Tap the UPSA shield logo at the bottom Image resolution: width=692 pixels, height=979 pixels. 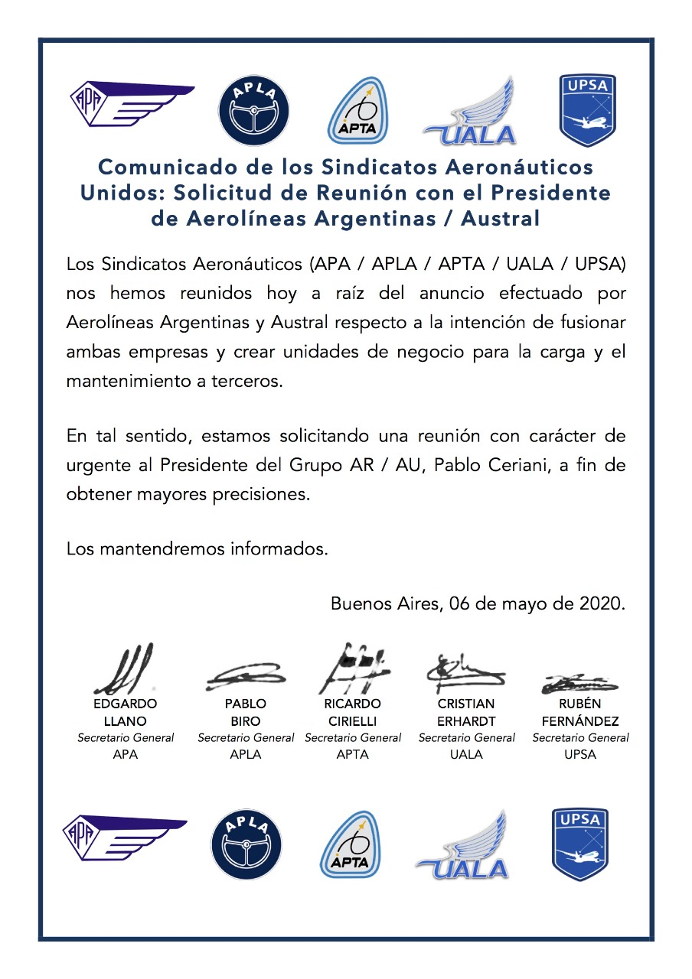click(x=579, y=844)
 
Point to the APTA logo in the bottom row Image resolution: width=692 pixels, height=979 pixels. click(x=349, y=844)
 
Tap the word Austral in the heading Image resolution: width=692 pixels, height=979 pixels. click(x=501, y=219)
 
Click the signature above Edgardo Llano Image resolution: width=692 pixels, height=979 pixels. click(x=124, y=669)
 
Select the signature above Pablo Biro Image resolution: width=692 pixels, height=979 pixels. click(x=245, y=675)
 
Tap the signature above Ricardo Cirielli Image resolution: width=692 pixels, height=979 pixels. click(x=353, y=667)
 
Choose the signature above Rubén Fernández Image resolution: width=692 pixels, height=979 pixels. click(x=579, y=683)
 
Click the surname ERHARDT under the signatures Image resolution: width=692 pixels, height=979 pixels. click(x=466, y=721)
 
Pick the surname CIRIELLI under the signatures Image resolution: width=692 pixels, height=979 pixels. click(x=353, y=721)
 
